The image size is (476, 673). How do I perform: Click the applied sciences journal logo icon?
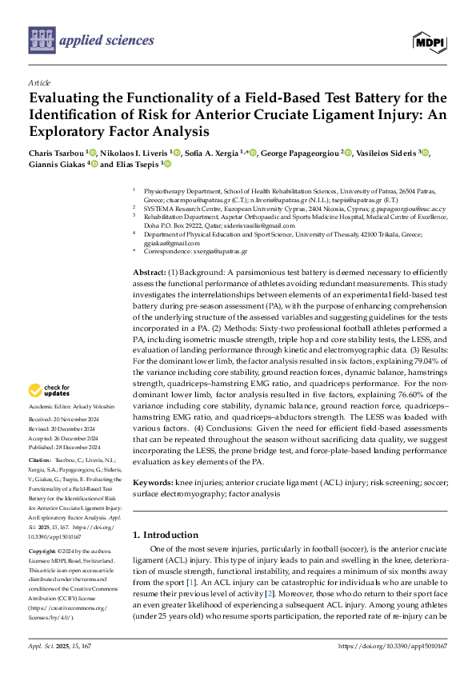point(41,38)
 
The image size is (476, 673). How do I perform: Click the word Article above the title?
point(38,82)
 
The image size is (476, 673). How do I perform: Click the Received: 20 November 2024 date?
point(64,420)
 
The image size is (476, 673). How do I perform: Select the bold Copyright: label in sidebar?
point(43,552)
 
